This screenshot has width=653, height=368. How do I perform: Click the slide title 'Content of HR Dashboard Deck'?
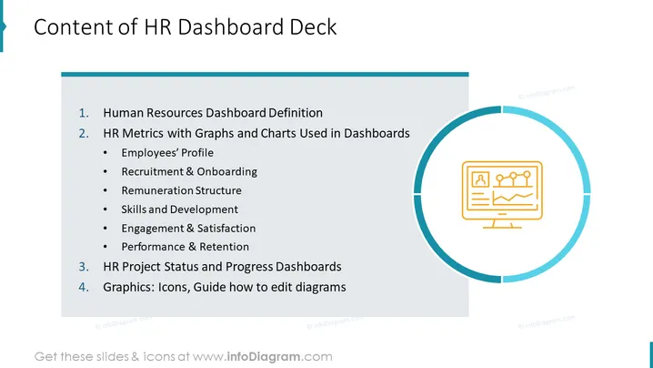tap(185, 27)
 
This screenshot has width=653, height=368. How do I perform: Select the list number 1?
tap(84, 113)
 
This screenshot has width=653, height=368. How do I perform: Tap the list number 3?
tap(84, 267)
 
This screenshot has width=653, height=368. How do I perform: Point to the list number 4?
tap(84, 287)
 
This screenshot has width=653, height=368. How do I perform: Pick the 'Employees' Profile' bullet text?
tap(167, 153)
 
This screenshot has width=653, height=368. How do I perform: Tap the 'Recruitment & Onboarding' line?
tap(189, 171)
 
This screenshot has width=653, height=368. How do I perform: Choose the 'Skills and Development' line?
tap(179, 209)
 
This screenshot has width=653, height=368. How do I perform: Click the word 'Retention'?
tap(224, 247)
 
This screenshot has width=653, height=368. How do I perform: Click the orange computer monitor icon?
tap(502, 195)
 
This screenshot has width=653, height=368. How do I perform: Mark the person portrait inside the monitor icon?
tap(480, 179)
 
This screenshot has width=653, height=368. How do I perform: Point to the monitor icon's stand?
tap(502, 224)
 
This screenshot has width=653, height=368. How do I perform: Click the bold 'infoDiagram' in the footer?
tap(264, 357)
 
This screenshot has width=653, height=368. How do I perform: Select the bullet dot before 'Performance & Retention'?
tap(105, 247)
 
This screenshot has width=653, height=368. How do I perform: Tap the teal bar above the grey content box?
tap(265, 75)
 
